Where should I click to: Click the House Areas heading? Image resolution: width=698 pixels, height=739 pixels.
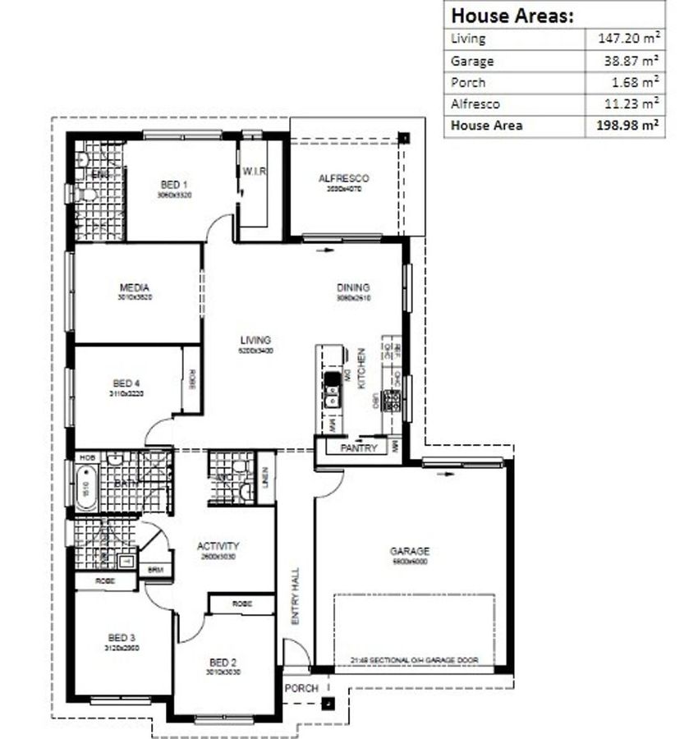click(512, 15)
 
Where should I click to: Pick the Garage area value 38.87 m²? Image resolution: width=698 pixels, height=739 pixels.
click(632, 61)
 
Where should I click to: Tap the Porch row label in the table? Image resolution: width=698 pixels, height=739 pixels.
click(468, 82)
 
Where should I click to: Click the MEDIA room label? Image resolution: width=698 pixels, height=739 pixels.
click(134, 287)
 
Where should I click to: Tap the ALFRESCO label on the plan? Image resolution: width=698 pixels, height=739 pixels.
click(343, 178)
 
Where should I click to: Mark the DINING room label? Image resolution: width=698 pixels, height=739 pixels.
click(353, 287)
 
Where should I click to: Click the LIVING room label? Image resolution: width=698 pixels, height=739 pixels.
click(255, 340)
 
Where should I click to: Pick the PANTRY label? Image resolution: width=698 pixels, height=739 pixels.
click(359, 448)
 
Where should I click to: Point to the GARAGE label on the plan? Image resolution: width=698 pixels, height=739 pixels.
click(409, 552)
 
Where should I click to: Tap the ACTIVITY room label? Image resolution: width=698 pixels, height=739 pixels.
click(218, 546)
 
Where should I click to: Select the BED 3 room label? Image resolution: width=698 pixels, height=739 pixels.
click(121, 637)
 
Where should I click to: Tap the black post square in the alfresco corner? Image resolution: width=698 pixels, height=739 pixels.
click(403, 138)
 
